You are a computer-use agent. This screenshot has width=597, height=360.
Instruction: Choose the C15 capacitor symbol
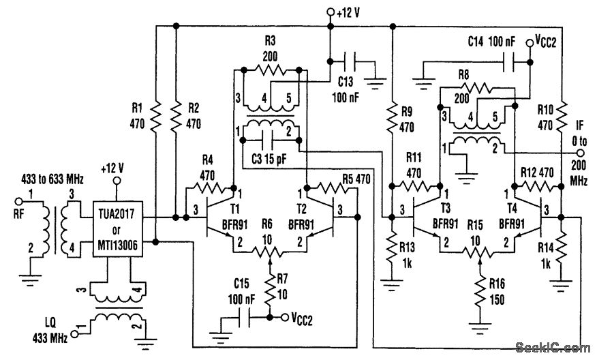tap(243, 318)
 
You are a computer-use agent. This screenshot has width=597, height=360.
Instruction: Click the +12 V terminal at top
tap(331, 12)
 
